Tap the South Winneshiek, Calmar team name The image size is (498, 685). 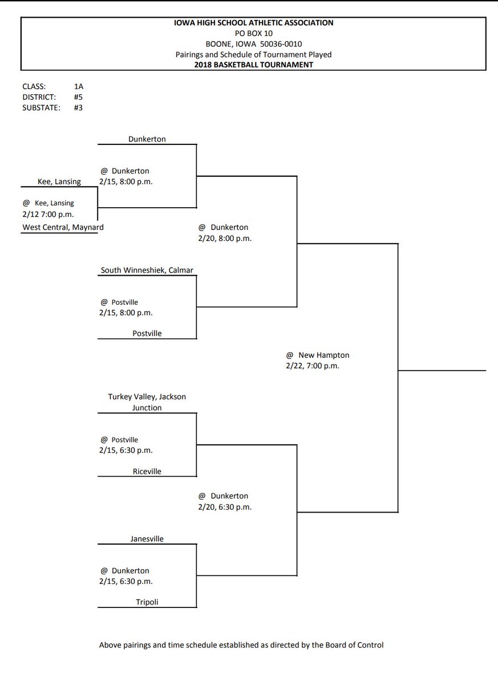click(151, 270)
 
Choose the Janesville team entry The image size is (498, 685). click(147, 538)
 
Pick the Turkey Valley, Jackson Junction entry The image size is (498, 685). click(147, 402)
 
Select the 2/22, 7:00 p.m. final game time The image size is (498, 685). click(313, 366)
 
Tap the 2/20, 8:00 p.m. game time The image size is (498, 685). click(224, 239)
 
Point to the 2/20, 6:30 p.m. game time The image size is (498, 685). click(224, 507)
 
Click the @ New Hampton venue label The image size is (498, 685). click(318, 355)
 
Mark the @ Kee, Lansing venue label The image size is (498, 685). click(48, 203)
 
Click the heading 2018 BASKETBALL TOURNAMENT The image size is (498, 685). click(253, 65)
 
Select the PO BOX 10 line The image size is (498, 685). click(253, 34)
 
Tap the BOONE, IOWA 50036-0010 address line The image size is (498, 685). click(253, 44)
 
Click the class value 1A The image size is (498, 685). click(79, 87)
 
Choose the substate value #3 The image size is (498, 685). click(78, 107)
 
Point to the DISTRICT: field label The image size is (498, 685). click(38, 97)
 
